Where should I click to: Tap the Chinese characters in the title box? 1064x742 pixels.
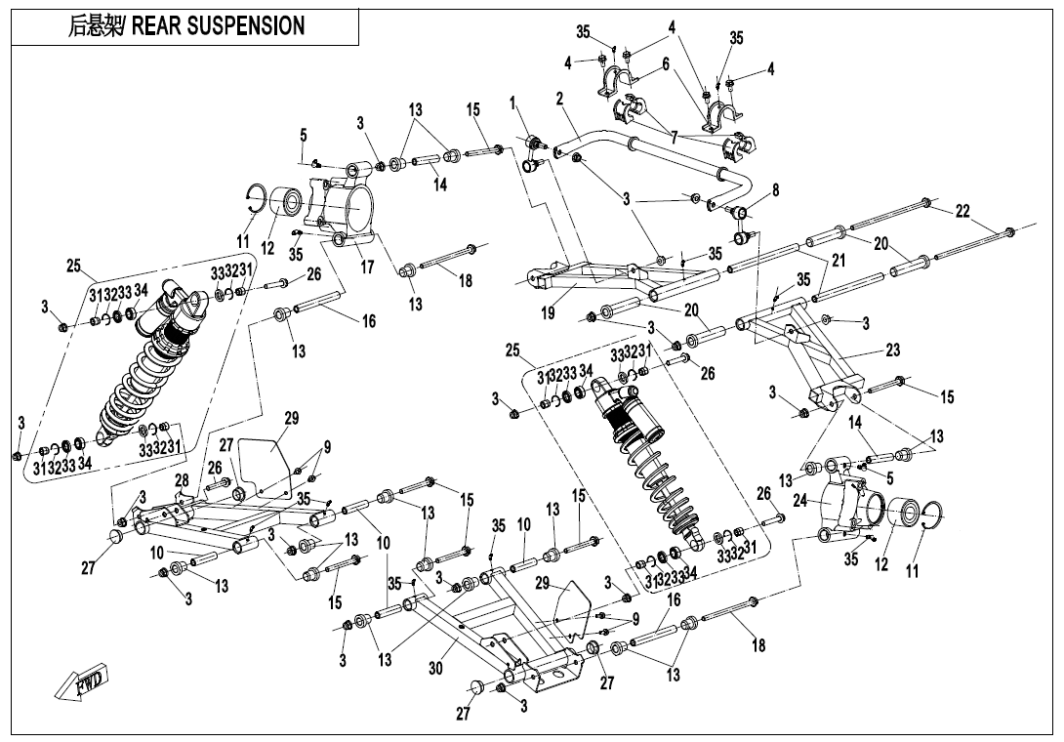click(90, 26)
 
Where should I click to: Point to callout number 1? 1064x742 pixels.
click(512, 103)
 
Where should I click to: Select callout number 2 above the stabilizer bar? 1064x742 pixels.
click(559, 99)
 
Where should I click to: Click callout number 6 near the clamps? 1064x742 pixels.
click(665, 63)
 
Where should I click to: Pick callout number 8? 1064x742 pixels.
click(776, 190)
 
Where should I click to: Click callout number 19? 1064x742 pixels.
click(549, 313)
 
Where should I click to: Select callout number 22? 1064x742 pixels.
click(962, 212)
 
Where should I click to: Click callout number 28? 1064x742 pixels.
click(182, 480)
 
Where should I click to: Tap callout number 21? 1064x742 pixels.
click(838, 260)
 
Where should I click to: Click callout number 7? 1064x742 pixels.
click(674, 138)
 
